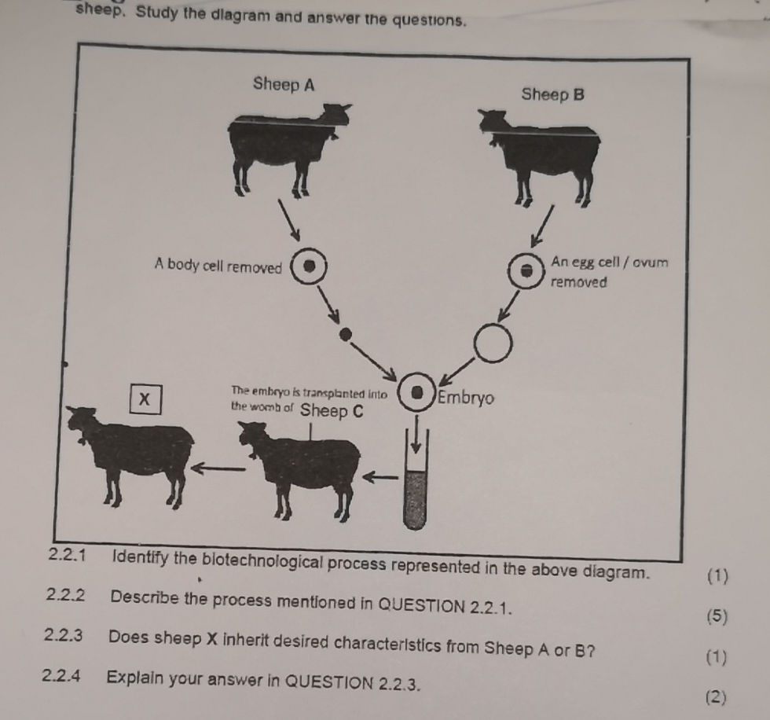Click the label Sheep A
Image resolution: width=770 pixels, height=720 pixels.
(x=284, y=86)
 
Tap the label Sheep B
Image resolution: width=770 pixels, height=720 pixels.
(x=553, y=95)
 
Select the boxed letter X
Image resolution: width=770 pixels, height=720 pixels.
(x=145, y=399)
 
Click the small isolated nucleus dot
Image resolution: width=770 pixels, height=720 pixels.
(x=343, y=335)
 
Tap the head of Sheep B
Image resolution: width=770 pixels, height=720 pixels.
(x=493, y=121)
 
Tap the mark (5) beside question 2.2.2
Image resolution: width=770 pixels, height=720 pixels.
(x=717, y=617)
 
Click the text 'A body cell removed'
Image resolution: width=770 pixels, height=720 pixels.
(x=218, y=266)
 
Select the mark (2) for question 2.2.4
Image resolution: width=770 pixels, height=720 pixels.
(x=715, y=695)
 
